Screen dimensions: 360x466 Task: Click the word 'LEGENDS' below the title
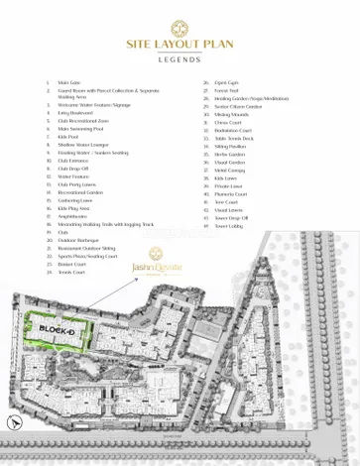point(180,59)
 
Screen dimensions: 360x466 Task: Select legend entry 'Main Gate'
point(69,82)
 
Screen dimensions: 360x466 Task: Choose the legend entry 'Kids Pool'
point(68,136)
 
